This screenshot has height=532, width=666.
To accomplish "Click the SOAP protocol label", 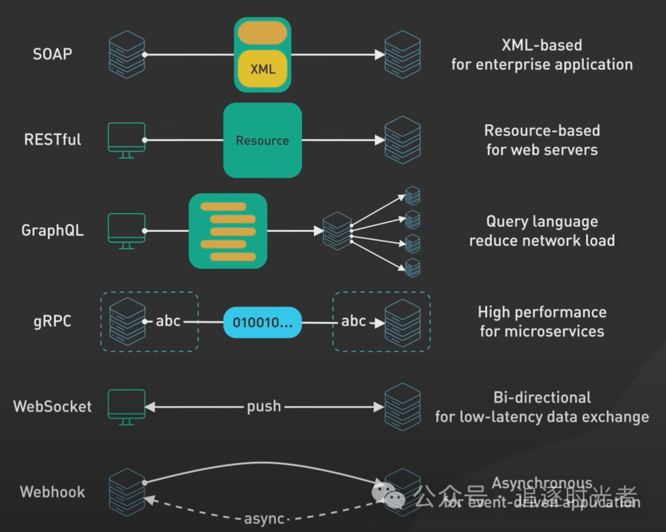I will [x=52, y=54].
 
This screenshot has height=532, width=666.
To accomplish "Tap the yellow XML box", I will [x=263, y=69].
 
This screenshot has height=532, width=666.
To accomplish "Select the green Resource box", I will [x=262, y=140].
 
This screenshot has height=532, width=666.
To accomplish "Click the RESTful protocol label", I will [x=52, y=139].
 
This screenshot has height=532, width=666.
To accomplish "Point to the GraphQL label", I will [x=52, y=231].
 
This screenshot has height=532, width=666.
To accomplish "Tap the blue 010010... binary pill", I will [x=262, y=322].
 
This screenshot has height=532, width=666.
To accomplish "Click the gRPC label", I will [x=52, y=322].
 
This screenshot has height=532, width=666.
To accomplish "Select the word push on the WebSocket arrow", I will [x=264, y=407].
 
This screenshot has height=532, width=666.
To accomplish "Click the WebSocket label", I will [x=52, y=407].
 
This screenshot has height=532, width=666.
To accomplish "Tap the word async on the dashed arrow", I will [x=264, y=519].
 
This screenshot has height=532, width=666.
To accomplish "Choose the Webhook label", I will [x=52, y=492].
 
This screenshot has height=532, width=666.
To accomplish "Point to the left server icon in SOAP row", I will [x=126, y=54].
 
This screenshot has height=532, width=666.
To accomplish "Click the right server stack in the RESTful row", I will [x=402, y=139].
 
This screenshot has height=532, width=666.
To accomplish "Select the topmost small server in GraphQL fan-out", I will [x=413, y=196].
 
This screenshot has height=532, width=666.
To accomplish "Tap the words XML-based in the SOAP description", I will [x=541, y=45].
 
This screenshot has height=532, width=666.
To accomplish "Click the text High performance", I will [x=541, y=312].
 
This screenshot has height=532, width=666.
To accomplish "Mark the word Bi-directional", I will [x=542, y=397].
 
